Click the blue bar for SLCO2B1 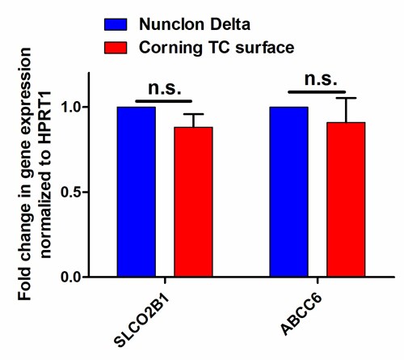click(x=136, y=192)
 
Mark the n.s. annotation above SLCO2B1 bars click(x=165, y=87)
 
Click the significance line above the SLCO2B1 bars click(x=164, y=101)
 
